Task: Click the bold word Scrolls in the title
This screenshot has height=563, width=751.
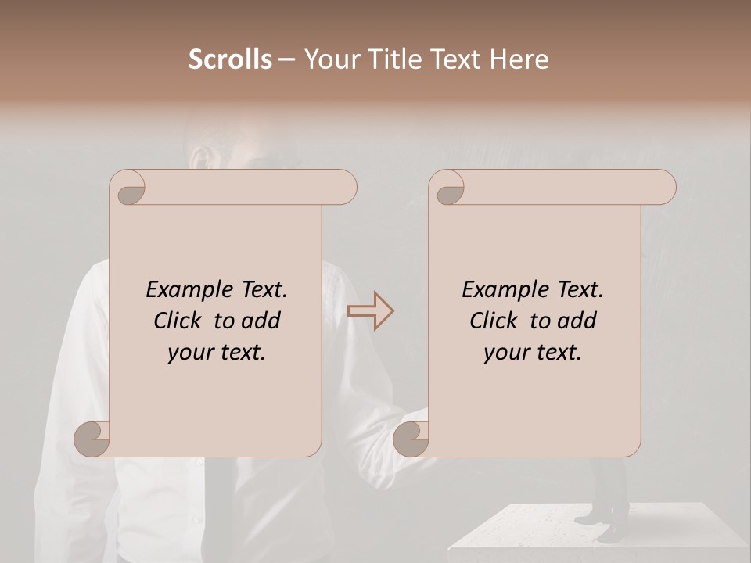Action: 230,59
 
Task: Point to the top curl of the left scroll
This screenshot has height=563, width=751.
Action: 129,188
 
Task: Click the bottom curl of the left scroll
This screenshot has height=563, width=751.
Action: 92,439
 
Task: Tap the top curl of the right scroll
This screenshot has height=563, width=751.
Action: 449,188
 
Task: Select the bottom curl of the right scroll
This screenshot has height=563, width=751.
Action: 411,439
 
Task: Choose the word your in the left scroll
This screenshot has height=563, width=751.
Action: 189,353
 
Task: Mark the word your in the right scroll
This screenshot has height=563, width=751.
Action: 505,353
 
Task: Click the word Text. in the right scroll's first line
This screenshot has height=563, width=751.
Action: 579,290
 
